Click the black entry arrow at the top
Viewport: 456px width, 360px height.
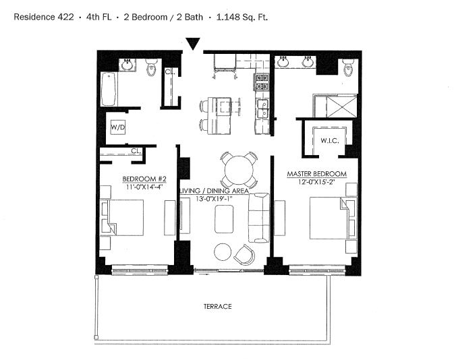[x=193, y=44]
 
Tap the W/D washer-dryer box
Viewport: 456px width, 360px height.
[x=118, y=127]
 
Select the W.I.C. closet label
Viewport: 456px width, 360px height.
[x=329, y=141]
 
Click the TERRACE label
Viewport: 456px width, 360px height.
[x=217, y=307]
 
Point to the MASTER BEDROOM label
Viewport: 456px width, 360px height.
[x=316, y=174]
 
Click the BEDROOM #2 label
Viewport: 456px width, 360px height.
[x=144, y=179]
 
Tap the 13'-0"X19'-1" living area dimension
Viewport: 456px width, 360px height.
[x=214, y=199]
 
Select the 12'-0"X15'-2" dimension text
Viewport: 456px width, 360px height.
[x=316, y=182]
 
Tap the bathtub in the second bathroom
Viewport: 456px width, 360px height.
[x=109, y=89]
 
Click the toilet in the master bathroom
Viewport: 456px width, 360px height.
[x=348, y=67]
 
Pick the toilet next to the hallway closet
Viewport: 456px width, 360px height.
[x=152, y=67]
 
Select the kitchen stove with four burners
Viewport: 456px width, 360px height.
[x=262, y=82]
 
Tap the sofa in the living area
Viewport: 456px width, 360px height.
[x=258, y=218]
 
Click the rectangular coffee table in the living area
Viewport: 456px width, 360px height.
[x=224, y=219]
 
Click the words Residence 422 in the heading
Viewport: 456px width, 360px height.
[x=44, y=17]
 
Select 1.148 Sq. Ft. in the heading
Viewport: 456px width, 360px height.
[x=242, y=17]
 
